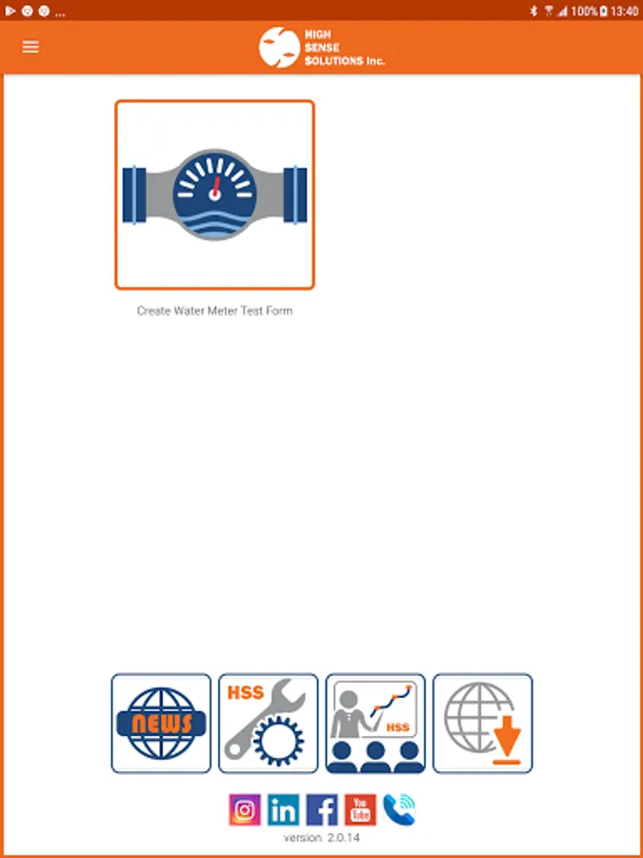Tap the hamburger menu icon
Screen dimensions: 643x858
point(30,47)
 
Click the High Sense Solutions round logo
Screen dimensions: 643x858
point(279,47)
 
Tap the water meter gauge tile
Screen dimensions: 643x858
point(215,194)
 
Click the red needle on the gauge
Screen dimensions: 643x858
point(216,188)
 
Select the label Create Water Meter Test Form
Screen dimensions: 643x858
point(215,311)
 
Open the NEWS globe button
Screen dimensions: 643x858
point(161,724)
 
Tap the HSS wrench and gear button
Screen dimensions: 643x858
point(269,724)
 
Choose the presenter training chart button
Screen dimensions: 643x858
point(375,724)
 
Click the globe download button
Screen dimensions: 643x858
point(483,724)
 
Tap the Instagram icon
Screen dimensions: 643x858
point(245,809)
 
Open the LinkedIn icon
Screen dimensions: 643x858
point(283,809)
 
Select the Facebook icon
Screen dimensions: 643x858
point(322,809)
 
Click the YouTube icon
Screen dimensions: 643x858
point(360,809)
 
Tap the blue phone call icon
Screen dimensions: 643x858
point(399,809)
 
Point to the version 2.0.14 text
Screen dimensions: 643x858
point(322,838)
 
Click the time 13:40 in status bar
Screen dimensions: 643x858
point(625,11)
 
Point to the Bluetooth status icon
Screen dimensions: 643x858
point(534,11)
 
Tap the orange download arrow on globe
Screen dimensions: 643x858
point(507,739)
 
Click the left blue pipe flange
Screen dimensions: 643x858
point(134,194)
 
